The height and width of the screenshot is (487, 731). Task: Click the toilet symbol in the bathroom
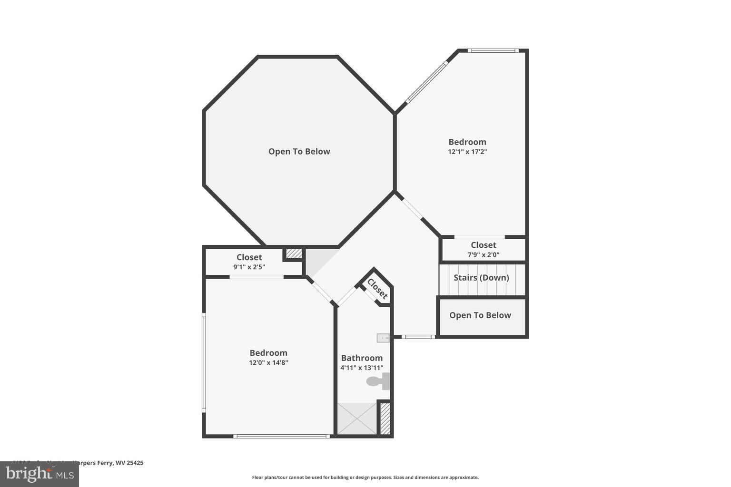pyautogui.click(x=378, y=381)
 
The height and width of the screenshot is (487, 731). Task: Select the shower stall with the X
pyautogui.click(x=357, y=419)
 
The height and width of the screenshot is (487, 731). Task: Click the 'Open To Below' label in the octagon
pyautogui.click(x=299, y=151)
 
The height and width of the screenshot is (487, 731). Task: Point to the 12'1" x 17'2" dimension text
pyautogui.click(x=467, y=152)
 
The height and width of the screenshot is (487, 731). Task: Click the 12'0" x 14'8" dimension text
pyautogui.click(x=268, y=362)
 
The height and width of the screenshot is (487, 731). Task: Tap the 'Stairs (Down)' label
pyautogui.click(x=481, y=278)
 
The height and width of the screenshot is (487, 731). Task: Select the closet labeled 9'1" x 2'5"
pyautogui.click(x=249, y=262)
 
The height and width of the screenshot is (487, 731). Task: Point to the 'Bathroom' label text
pyautogui.click(x=362, y=358)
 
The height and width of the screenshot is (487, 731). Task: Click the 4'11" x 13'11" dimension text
pyautogui.click(x=362, y=368)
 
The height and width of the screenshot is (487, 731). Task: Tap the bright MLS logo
pyautogui.click(x=40, y=474)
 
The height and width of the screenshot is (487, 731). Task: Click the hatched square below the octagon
pyautogui.click(x=294, y=253)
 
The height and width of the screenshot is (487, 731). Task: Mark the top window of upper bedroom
pyautogui.click(x=492, y=50)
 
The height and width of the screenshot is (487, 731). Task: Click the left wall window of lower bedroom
pyautogui.click(x=204, y=361)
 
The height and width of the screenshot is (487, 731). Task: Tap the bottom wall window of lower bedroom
pyautogui.click(x=282, y=436)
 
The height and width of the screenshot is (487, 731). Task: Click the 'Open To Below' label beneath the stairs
pyautogui.click(x=480, y=315)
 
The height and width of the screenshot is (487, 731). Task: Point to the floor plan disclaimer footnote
pyautogui.click(x=365, y=477)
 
